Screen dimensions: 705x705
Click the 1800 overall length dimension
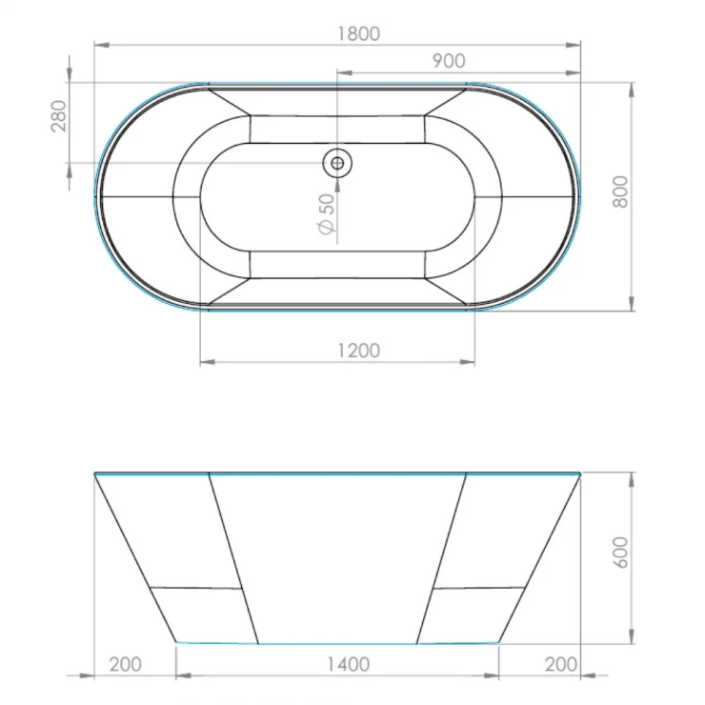[359, 33]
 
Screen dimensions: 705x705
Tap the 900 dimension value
[449, 61]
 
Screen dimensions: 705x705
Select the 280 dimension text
[59, 116]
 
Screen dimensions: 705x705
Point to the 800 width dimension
[620, 192]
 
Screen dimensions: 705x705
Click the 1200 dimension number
[359, 351]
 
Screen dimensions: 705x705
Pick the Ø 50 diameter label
[327, 214]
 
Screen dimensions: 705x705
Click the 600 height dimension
[620, 553]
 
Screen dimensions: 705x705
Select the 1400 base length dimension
[348, 665]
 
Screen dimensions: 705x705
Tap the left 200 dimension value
[126, 665]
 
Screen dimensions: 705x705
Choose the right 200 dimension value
[561, 665]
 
